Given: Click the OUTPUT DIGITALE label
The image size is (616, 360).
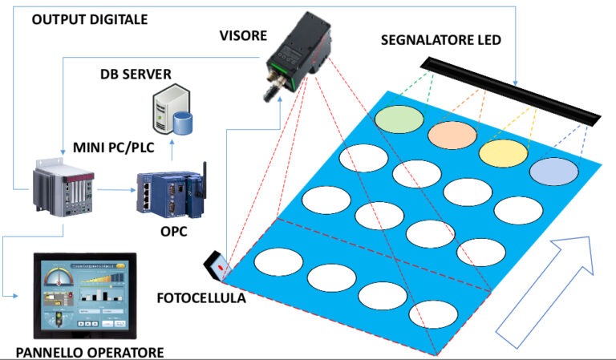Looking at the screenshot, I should coord(89,19).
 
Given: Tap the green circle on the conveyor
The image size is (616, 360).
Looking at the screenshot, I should coord(399,118).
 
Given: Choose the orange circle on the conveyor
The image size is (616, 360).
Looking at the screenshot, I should coord(453,136).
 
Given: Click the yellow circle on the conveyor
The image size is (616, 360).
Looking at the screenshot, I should coord(503,152).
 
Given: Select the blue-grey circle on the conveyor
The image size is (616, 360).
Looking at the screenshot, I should coord(554,172).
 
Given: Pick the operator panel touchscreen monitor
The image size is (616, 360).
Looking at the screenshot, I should coord(83,297).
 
